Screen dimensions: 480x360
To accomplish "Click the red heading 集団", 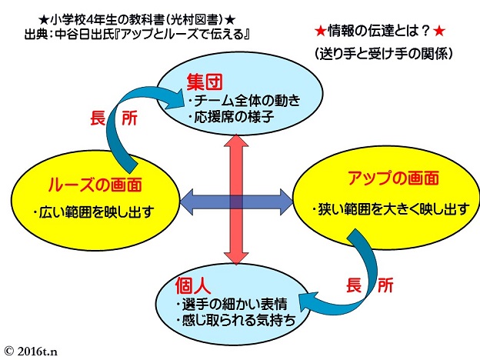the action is (x=205, y=82).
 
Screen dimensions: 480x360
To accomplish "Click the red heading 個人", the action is (x=193, y=285).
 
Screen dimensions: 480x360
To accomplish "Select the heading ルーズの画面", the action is (x=95, y=185).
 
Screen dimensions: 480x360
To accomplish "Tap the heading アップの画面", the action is (x=393, y=178).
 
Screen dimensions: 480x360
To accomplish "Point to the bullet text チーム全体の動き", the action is (x=245, y=101).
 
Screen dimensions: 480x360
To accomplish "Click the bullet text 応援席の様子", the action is (x=231, y=117).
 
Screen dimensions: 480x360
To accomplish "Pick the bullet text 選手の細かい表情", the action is (x=232, y=304).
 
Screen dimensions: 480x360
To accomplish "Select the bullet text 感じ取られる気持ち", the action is (x=236, y=320).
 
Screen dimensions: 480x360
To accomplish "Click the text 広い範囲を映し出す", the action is (x=94, y=212).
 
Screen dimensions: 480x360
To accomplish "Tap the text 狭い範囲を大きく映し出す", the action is (x=391, y=209).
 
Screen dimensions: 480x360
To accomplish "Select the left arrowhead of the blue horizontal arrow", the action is (x=186, y=202).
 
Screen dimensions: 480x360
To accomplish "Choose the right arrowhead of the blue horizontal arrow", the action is (x=286, y=202).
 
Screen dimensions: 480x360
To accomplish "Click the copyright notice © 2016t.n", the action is (x=31, y=351).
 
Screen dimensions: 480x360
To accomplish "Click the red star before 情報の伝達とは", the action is (x=320, y=32).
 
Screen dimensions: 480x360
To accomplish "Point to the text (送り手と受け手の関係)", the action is (x=383, y=54).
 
